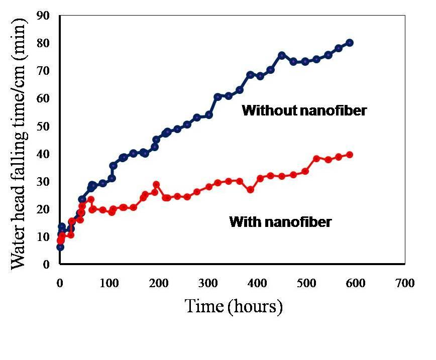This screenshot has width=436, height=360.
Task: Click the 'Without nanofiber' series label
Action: coord(304,110)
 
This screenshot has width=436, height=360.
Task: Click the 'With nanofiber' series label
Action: coord(280,221)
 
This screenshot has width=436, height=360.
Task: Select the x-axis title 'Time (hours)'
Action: coord(234,306)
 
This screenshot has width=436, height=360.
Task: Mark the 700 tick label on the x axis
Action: coord(404,283)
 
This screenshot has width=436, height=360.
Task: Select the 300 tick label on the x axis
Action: coord(207,283)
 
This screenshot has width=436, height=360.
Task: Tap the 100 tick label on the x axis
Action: coord(109,283)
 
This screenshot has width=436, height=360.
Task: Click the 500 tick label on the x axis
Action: coord(306,283)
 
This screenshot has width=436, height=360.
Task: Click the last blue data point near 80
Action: coord(350,43)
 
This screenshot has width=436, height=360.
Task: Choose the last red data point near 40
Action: coord(350,155)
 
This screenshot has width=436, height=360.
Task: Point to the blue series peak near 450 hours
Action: coord(282,55)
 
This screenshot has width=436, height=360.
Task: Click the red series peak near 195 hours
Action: coord(156,184)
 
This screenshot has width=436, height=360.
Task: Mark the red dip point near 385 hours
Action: coord(250,190)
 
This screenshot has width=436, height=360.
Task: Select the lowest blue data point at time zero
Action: coord(60,247)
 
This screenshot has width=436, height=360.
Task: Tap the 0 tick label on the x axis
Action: coord(60,283)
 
